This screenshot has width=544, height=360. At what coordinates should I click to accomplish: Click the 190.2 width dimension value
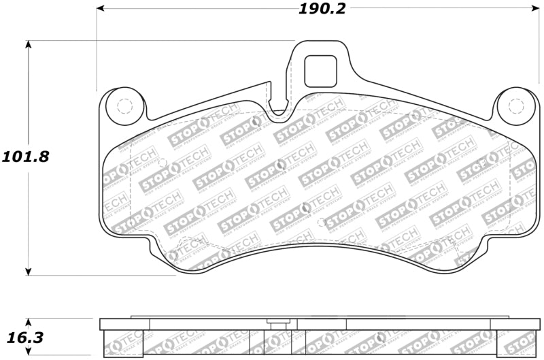[322, 9]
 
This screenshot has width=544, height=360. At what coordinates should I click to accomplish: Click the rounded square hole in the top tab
[320, 71]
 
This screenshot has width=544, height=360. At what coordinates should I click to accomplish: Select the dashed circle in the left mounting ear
[124, 106]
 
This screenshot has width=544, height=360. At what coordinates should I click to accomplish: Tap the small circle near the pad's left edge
[162, 162]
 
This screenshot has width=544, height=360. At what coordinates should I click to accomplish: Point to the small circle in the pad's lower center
[321, 222]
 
